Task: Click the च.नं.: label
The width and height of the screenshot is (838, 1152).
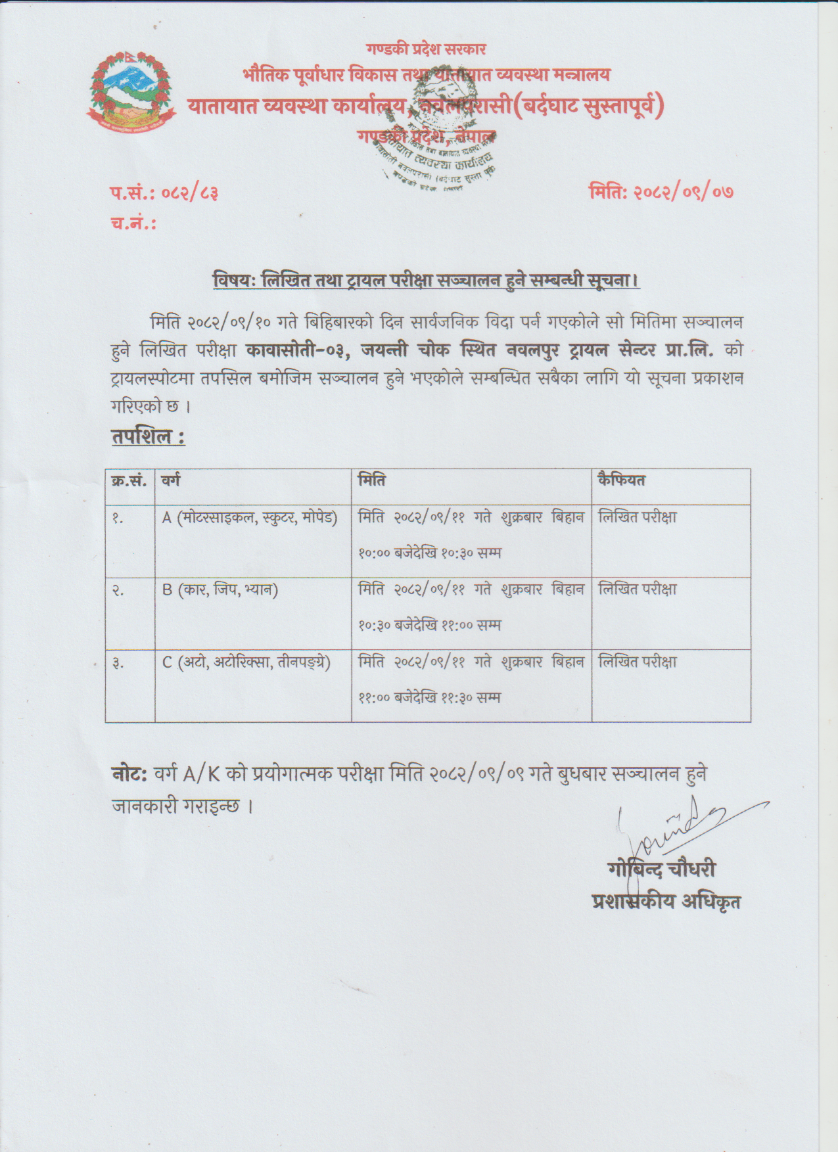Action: click(x=133, y=223)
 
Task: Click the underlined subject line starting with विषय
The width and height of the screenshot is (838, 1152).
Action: click(x=426, y=281)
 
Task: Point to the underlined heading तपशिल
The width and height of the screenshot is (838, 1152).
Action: click(x=148, y=437)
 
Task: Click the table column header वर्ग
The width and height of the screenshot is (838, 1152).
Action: click(x=171, y=481)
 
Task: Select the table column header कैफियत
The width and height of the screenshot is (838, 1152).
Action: click(x=621, y=480)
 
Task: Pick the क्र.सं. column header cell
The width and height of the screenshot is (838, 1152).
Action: click(x=129, y=481)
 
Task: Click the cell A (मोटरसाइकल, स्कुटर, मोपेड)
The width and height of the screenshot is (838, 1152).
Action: click(x=250, y=518)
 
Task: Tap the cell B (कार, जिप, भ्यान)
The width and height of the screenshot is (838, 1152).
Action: click(x=220, y=589)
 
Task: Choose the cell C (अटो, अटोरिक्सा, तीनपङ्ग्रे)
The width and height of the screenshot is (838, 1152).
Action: click(x=246, y=662)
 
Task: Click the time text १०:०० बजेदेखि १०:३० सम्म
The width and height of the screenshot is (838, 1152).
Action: click(x=429, y=553)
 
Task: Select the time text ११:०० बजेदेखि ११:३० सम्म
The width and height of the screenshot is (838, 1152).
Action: click(x=429, y=697)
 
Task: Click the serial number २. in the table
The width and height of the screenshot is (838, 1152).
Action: click(x=118, y=591)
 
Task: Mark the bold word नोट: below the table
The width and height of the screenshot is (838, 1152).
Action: click(x=129, y=774)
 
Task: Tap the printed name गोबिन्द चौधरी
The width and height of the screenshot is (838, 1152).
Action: click(x=662, y=869)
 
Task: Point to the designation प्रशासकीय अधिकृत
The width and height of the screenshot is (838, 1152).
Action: click(x=666, y=901)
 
